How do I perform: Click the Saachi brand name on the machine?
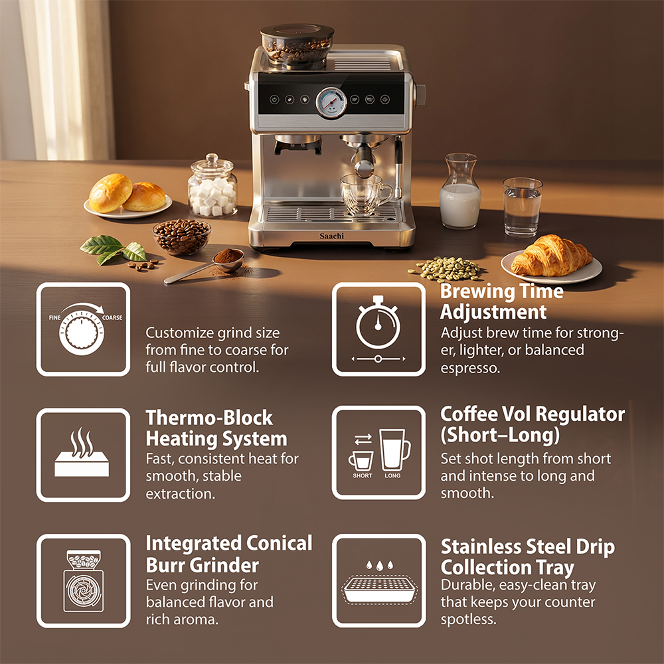(x=331, y=236)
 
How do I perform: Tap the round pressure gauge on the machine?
(x=331, y=102)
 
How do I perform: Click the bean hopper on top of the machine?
(x=297, y=45)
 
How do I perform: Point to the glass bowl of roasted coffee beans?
(x=182, y=237)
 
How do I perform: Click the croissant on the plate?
(x=551, y=256)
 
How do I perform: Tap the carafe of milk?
(x=460, y=191)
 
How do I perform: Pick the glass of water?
(x=522, y=207)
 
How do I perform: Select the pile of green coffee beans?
(x=445, y=269)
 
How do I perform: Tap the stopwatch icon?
(x=378, y=323)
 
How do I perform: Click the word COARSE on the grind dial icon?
(x=112, y=317)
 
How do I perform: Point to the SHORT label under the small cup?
(x=363, y=475)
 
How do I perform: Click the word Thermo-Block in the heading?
(x=209, y=418)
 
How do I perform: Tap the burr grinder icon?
(x=84, y=581)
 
